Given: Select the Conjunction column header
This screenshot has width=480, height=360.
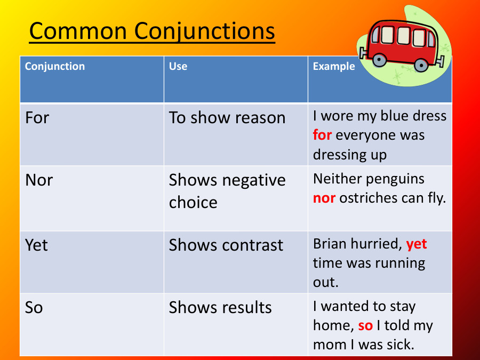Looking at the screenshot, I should [55, 67].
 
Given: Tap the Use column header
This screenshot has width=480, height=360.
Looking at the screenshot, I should [178, 67].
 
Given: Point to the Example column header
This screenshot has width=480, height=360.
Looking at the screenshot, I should [334, 67].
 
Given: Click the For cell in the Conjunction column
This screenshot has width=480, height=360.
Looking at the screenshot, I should [37, 117].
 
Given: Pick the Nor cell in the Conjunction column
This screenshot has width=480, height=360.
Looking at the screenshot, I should [39, 180].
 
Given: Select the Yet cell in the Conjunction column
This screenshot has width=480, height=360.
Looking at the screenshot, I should [37, 245].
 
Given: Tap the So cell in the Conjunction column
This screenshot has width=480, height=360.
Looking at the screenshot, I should [34, 308].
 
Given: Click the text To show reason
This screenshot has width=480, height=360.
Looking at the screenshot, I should [227, 118].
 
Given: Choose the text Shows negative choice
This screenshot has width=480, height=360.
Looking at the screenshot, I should [227, 191].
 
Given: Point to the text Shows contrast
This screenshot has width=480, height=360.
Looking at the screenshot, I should [226, 245].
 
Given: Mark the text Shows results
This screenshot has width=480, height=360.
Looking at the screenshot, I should [220, 308].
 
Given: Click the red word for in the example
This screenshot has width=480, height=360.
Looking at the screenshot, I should [322, 135].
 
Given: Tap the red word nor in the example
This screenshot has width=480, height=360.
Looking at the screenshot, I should [324, 198].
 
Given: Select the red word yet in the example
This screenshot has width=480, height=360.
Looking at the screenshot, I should [417, 244].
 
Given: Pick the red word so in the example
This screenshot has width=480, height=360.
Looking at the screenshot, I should [365, 325].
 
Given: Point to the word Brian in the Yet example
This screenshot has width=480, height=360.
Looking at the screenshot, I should [331, 244].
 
